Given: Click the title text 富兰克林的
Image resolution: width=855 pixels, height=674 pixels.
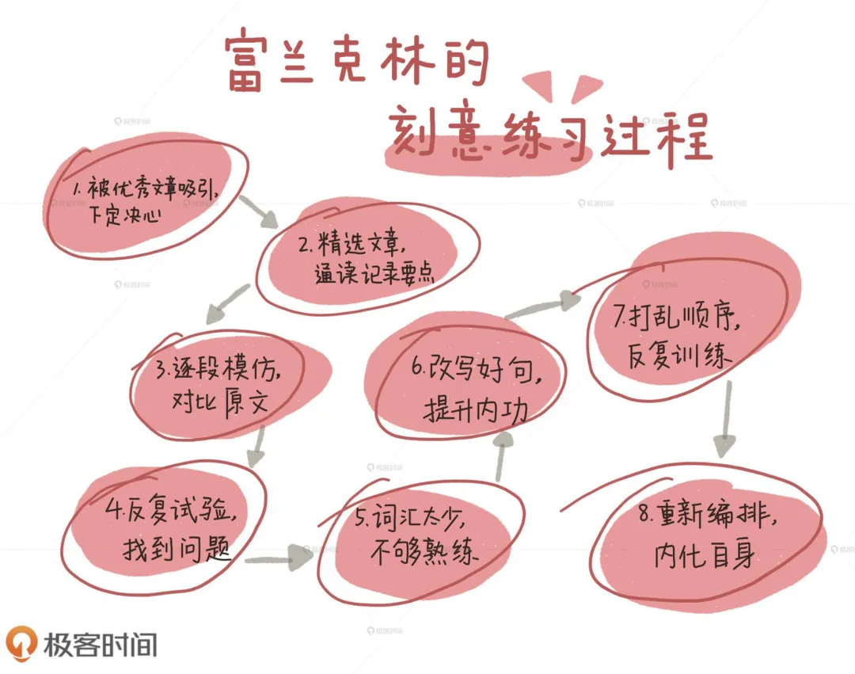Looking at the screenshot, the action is point(354,62).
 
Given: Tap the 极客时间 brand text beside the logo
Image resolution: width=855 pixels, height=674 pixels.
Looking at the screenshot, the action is point(98,644).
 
